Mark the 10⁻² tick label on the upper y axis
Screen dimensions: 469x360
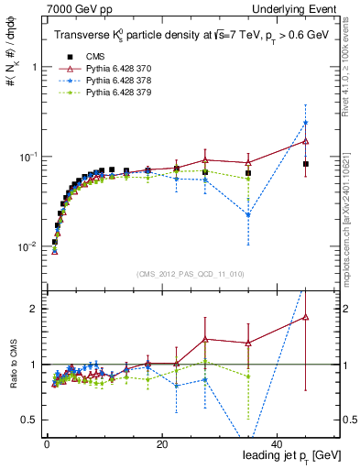pos(29,246)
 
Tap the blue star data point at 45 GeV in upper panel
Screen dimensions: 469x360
pos(306,123)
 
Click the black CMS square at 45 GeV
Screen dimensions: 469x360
pos(306,164)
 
